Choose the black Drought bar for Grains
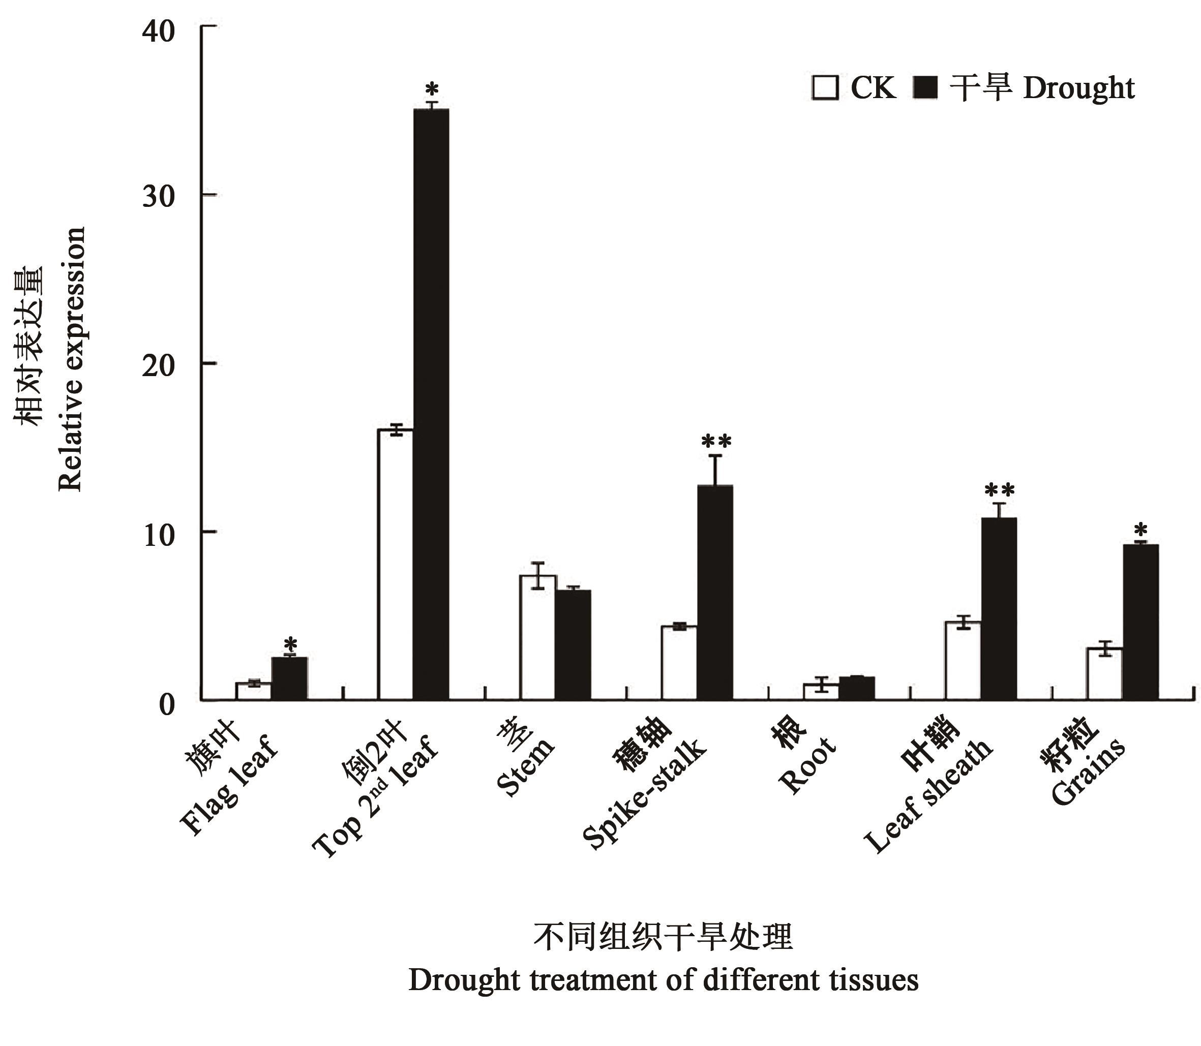coord(1140,622)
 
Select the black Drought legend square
coord(924,87)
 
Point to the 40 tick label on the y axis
coord(159,30)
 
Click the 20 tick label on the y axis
coord(159,365)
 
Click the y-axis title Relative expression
coord(71,359)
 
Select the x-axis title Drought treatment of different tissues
coord(663,980)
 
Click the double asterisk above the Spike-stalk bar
coord(716,440)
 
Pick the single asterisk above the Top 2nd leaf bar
coord(432,90)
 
